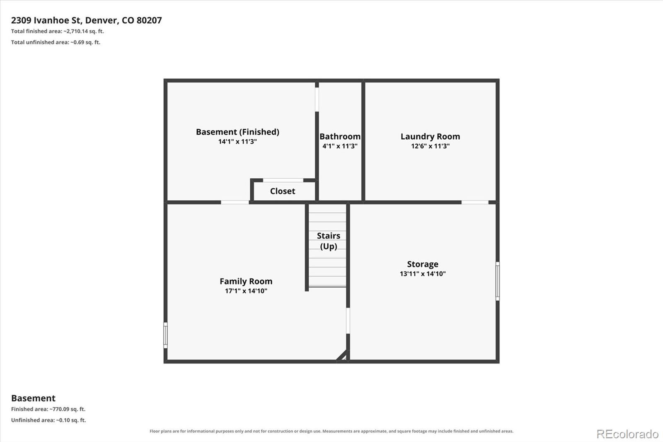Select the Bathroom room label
[x=340, y=136]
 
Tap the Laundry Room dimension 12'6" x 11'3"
[x=430, y=146]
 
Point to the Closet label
[x=282, y=191]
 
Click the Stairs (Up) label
[x=328, y=241]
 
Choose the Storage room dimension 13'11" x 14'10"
[x=423, y=273]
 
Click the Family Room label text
[x=246, y=281]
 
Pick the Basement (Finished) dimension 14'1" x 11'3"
[x=237, y=141]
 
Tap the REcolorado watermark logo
[x=627, y=434]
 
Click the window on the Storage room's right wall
[x=498, y=281]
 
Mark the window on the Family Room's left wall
[x=165, y=335]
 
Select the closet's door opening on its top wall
[x=283, y=180]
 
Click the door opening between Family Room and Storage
[x=348, y=321]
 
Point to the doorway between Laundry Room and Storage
[x=475, y=202]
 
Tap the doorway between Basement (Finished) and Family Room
[x=235, y=202]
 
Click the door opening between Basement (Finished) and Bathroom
[x=317, y=99]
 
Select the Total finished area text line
[x=58, y=31]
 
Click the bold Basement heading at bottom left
[x=33, y=398]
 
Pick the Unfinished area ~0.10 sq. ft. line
[x=48, y=420]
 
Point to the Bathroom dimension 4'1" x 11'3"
[x=340, y=146]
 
